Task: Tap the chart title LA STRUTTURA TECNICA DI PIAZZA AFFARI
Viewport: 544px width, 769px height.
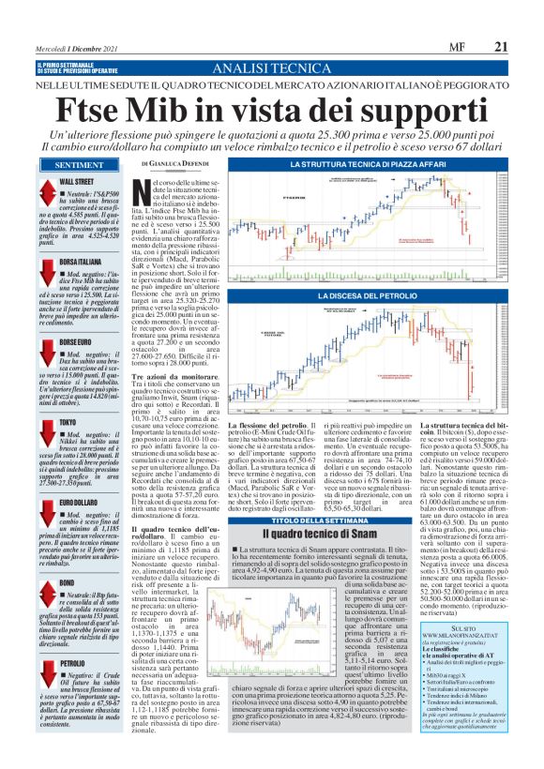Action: point(373,165)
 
